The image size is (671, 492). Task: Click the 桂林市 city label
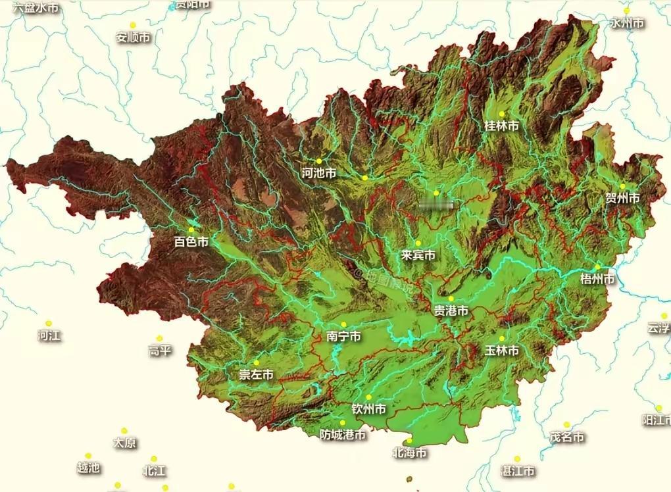point(501,125)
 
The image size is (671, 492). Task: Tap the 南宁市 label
point(343,337)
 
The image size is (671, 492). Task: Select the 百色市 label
point(191,242)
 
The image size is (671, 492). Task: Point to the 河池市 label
point(318,173)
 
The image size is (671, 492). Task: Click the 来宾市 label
point(418,255)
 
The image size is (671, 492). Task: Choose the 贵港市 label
point(451,310)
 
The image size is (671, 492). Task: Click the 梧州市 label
point(597,279)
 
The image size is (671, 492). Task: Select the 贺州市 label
point(622,198)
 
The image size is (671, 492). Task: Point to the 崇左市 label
point(256,375)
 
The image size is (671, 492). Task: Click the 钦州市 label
point(368,409)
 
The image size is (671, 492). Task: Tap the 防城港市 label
point(343,435)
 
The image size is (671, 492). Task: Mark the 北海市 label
point(409,453)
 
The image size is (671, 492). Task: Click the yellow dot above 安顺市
point(133,25)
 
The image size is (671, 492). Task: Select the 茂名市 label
point(567,437)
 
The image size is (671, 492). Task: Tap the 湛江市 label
point(517,471)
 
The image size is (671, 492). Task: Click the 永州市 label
point(626,23)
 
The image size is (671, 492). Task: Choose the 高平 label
point(159,351)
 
